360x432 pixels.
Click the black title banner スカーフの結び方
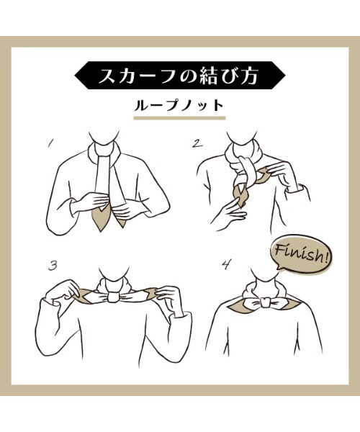180,75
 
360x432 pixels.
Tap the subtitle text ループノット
180,105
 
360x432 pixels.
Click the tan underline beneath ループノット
180,119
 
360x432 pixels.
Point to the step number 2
196,143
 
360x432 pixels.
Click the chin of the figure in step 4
264,274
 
